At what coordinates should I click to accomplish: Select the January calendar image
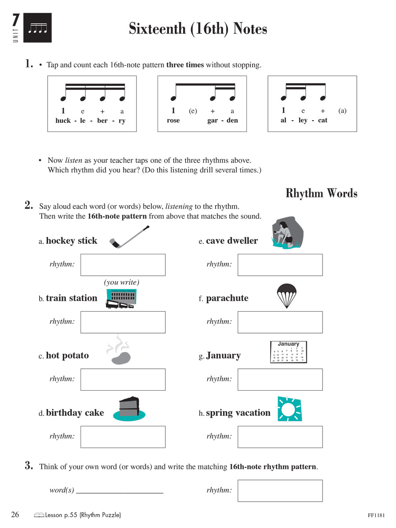pyautogui.click(x=288, y=352)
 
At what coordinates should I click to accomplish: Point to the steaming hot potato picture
pyautogui.click(x=119, y=352)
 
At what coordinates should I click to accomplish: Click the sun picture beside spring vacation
pyautogui.click(x=290, y=409)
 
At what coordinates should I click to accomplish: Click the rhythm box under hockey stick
pyautogui.click(x=123, y=265)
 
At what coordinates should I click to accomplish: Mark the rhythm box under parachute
pyautogui.click(x=280, y=322)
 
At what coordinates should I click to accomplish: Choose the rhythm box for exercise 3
pyautogui.click(x=280, y=491)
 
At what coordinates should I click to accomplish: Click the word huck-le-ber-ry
pyautogui.click(x=90, y=121)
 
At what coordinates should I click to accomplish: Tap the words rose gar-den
pyautogui.click(x=202, y=121)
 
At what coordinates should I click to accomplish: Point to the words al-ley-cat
pyautogui.click(x=304, y=120)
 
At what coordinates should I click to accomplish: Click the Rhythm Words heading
pyautogui.click(x=321, y=193)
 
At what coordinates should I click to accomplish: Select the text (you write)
pyautogui.click(x=121, y=282)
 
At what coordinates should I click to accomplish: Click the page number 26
pyautogui.click(x=15, y=514)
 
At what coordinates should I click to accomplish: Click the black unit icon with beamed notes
pyautogui.click(x=37, y=28)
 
